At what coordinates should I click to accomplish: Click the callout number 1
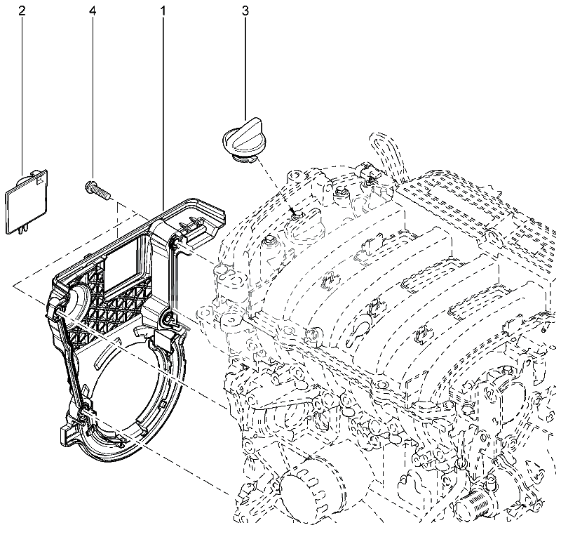pyautogui.click(x=163, y=11)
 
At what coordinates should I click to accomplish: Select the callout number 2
pyautogui.click(x=22, y=11)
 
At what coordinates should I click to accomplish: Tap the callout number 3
pyautogui.click(x=245, y=11)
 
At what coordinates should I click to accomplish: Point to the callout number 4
pyautogui.click(x=93, y=11)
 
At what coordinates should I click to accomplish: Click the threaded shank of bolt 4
pyautogui.click(x=104, y=191)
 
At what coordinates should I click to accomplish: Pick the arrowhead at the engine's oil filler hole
pyautogui.click(x=295, y=212)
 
